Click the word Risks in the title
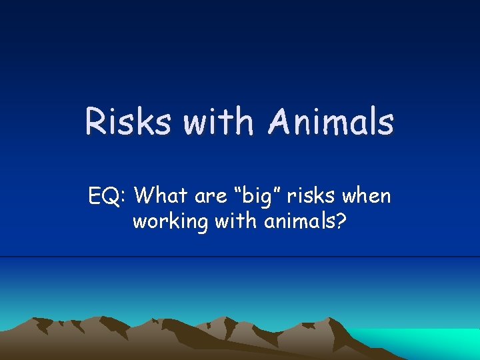[x=127, y=123]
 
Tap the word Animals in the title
[x=331, y=123]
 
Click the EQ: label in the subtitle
[x=107, y=197]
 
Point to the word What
[x=165, y=197]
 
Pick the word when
[x=367, y=197]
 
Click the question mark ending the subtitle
[x=341, y=221]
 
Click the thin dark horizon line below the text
[x=240, y=257]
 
